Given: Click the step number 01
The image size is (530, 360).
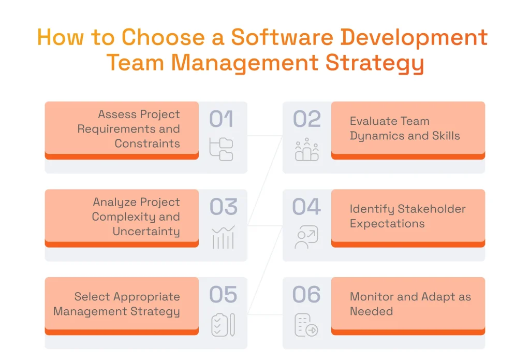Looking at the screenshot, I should tap(221, 120).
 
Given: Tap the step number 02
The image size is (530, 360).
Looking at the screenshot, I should tap(307, 120).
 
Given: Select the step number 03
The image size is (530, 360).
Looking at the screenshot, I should tap(223, 207).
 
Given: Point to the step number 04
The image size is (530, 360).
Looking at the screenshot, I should tap(306, 207).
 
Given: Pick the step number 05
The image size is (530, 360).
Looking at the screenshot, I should tap(223, 295).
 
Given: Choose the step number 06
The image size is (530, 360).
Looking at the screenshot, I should tap(306, 295).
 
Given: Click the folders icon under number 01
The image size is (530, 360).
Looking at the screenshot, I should tap(222, 149).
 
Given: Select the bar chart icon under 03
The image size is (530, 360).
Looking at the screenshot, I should tap(223, 237).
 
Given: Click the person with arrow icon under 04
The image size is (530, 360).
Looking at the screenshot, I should tap(306, 237).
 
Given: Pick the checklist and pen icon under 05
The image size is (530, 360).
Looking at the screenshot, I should tap(223, 325).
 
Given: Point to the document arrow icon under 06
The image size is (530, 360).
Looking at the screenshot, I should tap(306, 325).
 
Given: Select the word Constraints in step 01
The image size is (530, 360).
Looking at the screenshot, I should tap(148, 143).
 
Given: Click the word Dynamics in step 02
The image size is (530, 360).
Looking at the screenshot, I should tap(373, 136).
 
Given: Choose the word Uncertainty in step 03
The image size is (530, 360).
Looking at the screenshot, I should tap(146, 232).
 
